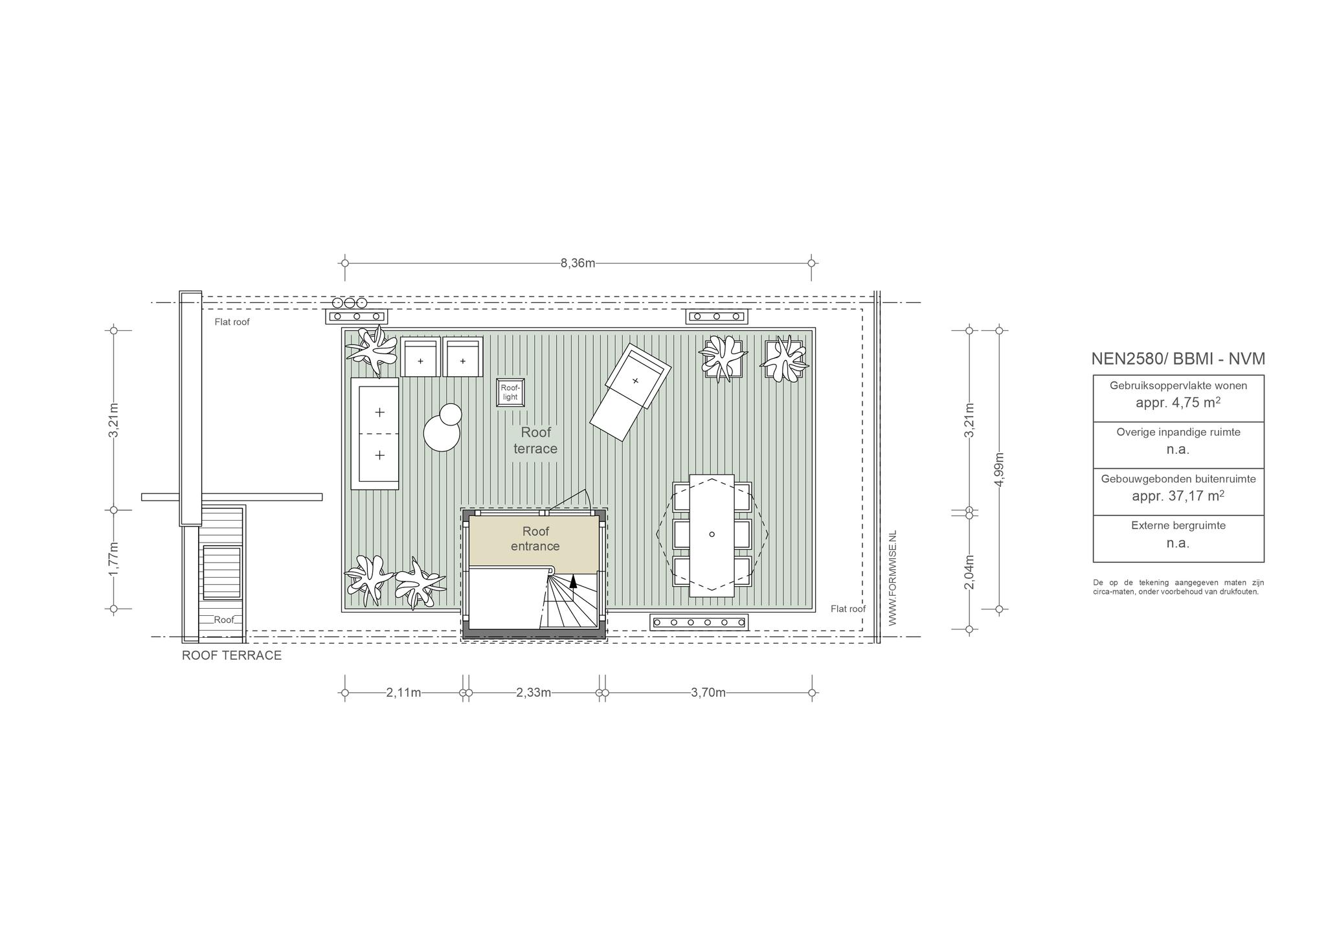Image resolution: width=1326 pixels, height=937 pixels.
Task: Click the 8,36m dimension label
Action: (x=578, y=263)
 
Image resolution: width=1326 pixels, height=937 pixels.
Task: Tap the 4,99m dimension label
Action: (x=999, y=469)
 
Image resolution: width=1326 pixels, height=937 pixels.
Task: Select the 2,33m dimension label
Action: (x=534, y=693)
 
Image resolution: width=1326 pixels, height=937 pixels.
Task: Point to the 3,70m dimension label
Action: (x=708, y=693)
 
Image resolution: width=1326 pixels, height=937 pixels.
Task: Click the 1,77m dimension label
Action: (x=114, y=559)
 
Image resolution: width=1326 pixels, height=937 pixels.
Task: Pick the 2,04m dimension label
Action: (x=969, y=572)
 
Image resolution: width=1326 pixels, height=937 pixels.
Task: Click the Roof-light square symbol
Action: (x=510, y=392)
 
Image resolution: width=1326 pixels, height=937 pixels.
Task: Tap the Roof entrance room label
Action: (x=535, y=539)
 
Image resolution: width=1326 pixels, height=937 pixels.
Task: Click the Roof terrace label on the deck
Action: (x=535, y=440)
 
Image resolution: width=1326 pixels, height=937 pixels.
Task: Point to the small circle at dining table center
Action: (x=712, y=534)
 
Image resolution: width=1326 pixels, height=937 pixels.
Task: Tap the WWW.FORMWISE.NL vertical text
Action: (x=892, y=578)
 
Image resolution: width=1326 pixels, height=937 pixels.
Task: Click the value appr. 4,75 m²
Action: (x=1178, y=402)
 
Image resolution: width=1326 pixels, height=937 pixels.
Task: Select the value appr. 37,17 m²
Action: (x=1178, y=496)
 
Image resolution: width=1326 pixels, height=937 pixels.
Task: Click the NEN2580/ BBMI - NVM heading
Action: (x=1178, y=359)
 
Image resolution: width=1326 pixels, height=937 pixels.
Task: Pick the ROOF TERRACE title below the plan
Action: (x=232, y=655)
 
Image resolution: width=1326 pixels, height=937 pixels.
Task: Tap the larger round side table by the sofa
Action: (x=442, y=432)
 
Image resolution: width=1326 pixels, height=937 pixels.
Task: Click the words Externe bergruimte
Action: (x=1178, y=526)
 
